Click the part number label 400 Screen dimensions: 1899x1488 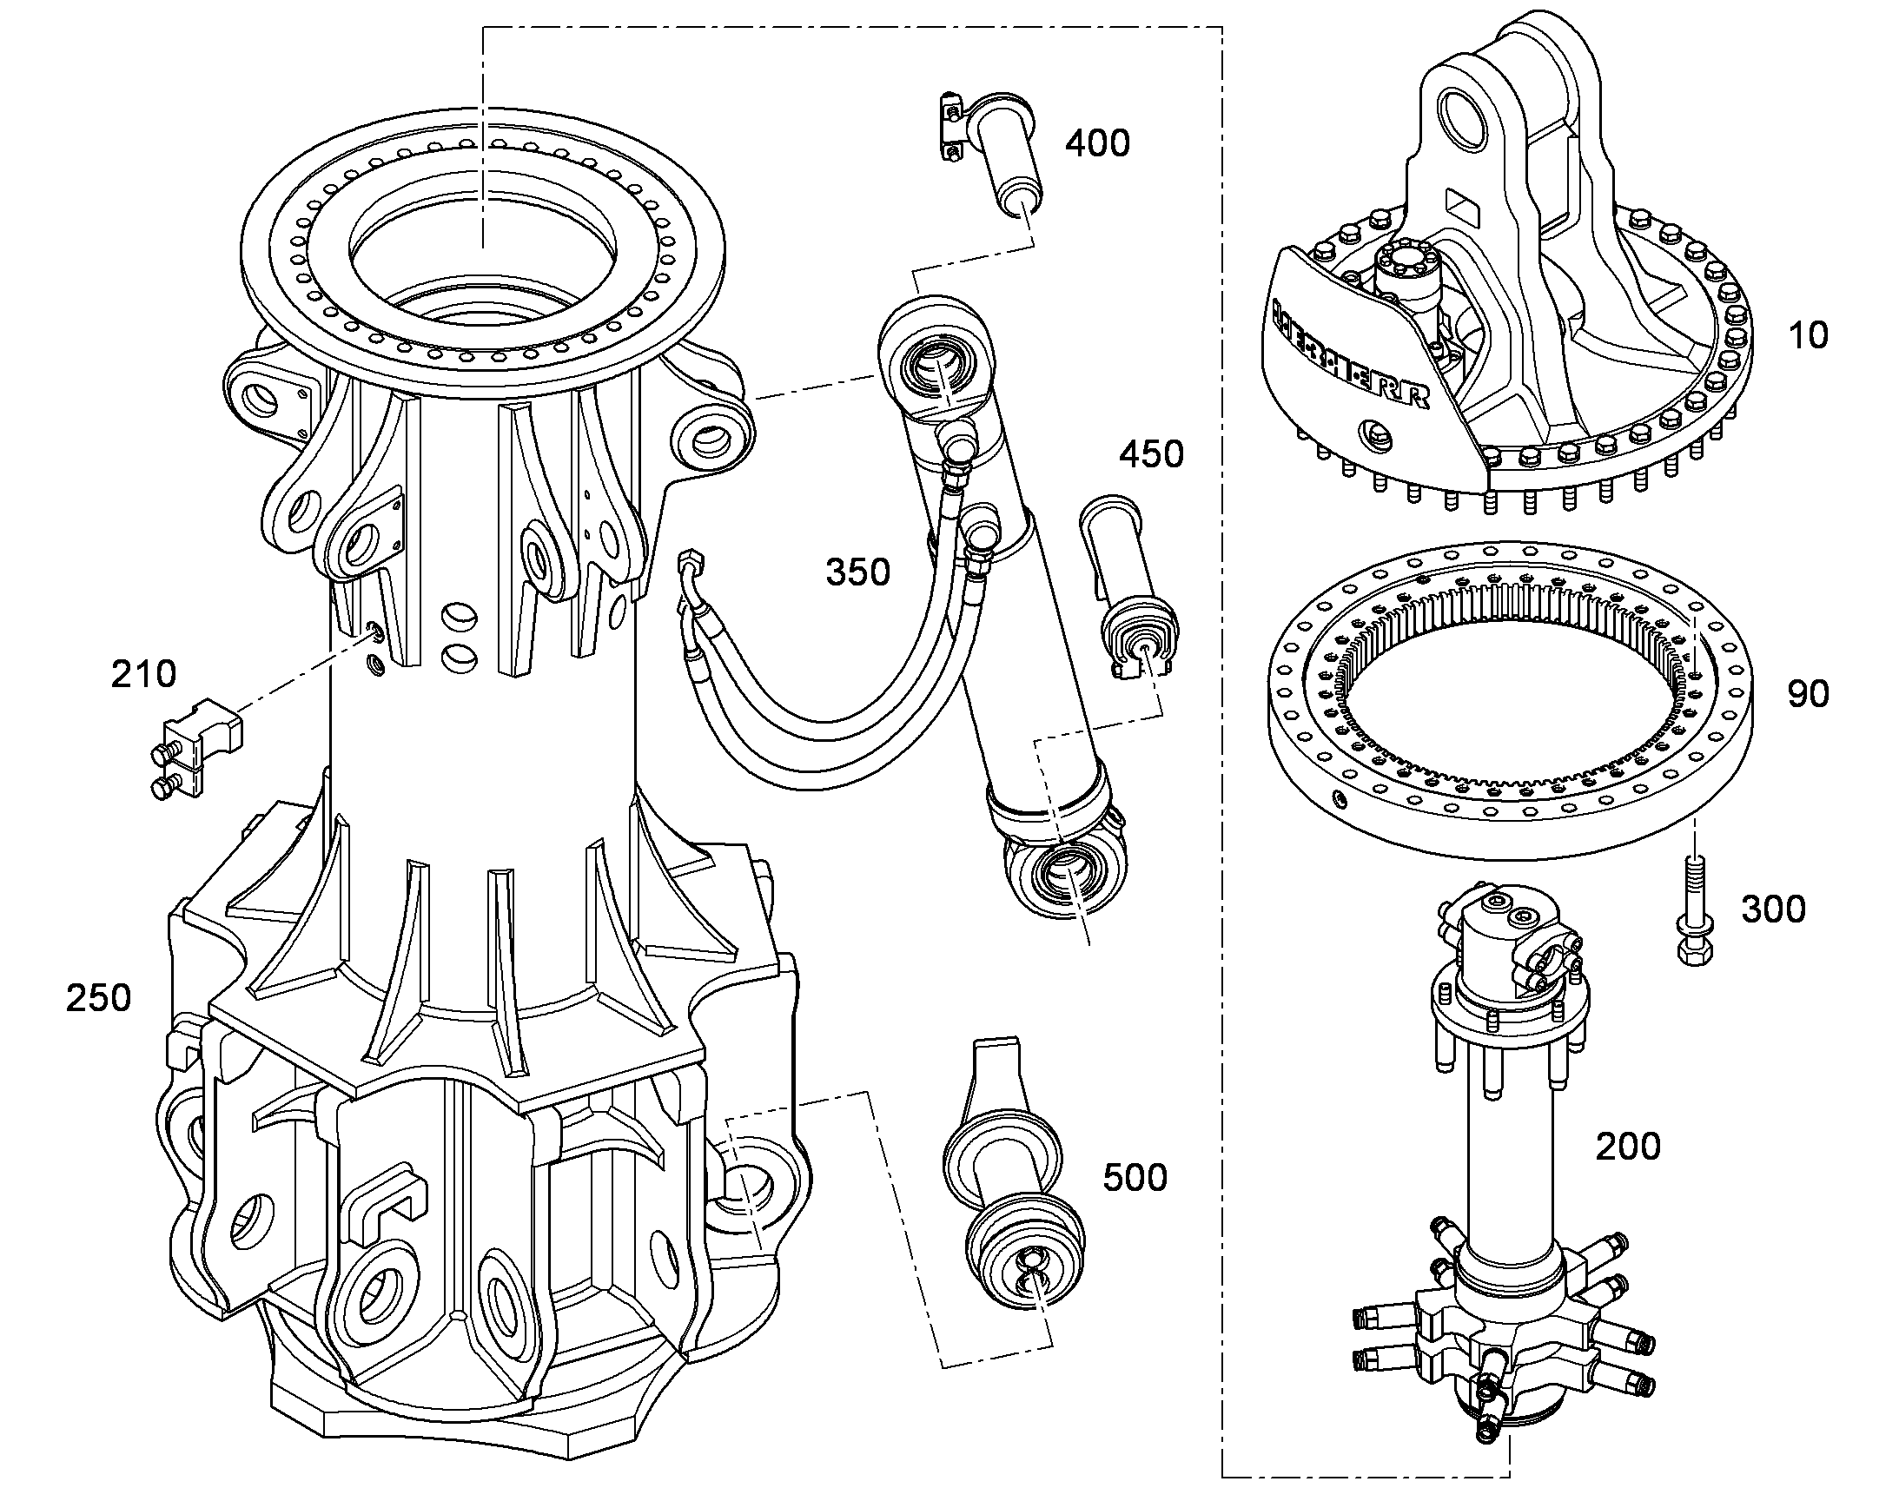tap(1097, 142)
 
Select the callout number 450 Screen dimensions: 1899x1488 tap(1152, 455)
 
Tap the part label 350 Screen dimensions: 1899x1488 tap(858, 572)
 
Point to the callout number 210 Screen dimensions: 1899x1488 tap(143, 674)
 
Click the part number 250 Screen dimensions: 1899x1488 tap(98, 998)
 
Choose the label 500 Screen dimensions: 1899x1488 tap(1135, 1178)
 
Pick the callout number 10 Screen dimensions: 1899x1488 tap(1808, 335)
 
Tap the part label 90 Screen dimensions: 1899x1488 tap(1808, 694)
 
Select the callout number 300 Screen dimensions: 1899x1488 tap(1774, 909)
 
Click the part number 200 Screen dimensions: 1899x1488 tap(1628, 1147)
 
